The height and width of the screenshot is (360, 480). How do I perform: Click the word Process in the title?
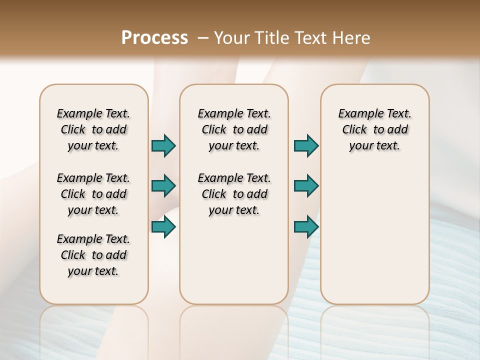pyautogui.click(x=154, y=38)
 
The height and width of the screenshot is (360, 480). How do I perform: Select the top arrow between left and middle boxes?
pyautogui.click(x=163, y=146)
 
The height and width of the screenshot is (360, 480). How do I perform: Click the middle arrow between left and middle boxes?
pyautogui.click(x=163, y=186)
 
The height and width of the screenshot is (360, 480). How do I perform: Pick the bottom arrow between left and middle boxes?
pyautogui.click(x=163, y=227)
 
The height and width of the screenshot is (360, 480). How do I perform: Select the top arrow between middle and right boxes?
pyautogui.click(x=306, y=146)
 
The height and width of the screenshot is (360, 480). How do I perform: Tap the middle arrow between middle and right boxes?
pyautogui.click(x=306, y=186)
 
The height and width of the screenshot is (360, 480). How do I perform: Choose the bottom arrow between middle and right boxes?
pyautogui.click(x=306, y=227)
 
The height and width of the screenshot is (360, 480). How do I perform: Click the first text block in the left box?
pyautogui.click(x=93, y=129)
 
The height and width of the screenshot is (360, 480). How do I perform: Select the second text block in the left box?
pyautogui.click(x=93, y=194)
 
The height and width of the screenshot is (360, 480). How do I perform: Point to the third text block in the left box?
pyautogui.click(x=93, y=255)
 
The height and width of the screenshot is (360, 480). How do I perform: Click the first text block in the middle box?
pyautogui.click(x=234, y=129)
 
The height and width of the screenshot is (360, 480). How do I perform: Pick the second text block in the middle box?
pyautogui.click(x=234, y=194)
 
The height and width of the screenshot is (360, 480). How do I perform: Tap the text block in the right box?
pyautogui.click(x=374, y=129)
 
